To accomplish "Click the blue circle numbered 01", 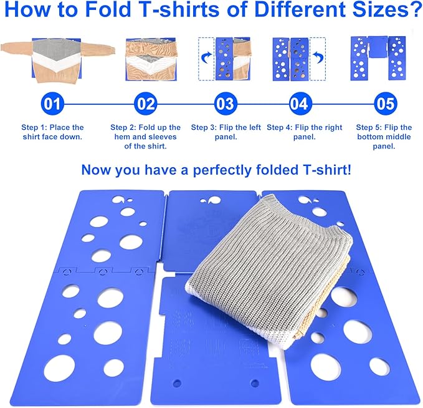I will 52,102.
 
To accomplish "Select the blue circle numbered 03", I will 226,102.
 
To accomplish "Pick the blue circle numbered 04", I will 299,102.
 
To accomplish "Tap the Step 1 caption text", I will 52,132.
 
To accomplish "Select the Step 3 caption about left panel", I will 226,132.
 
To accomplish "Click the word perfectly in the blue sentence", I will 228,170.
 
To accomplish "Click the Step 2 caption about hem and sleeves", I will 145,137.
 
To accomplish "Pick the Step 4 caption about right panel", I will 305,132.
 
